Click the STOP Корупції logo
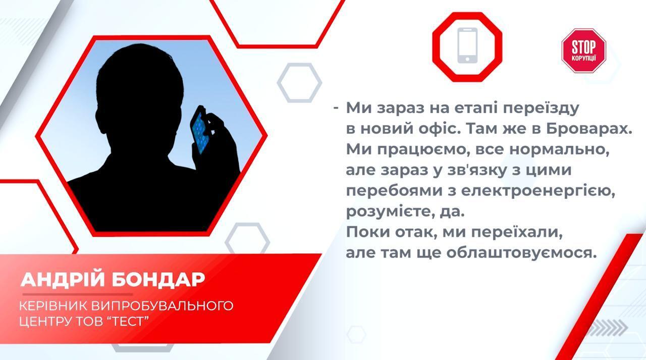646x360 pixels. [x=583, y=50]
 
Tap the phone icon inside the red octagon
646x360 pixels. [x=467, y=46]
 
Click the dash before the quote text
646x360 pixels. [x=336, y=108]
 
